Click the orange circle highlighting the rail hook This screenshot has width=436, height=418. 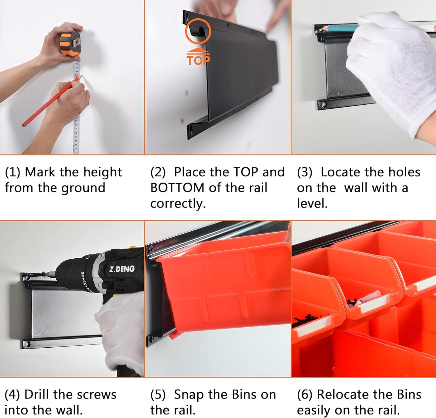pyautogui.click(x=198, y=31)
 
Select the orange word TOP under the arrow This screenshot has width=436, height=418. pyautogui.click(x=198, y=60)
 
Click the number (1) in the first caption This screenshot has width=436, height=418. pyautogui.click(x=12, y=172)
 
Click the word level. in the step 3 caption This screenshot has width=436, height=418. pyautogui.click(x=312, y=203)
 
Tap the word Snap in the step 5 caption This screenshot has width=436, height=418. pyautogui.click(x=188, y=395)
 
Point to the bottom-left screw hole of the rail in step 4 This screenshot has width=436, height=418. pyautogui.click(x=28, y=345)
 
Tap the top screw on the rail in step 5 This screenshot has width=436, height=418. pyautogui.click(x=151, y=248)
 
